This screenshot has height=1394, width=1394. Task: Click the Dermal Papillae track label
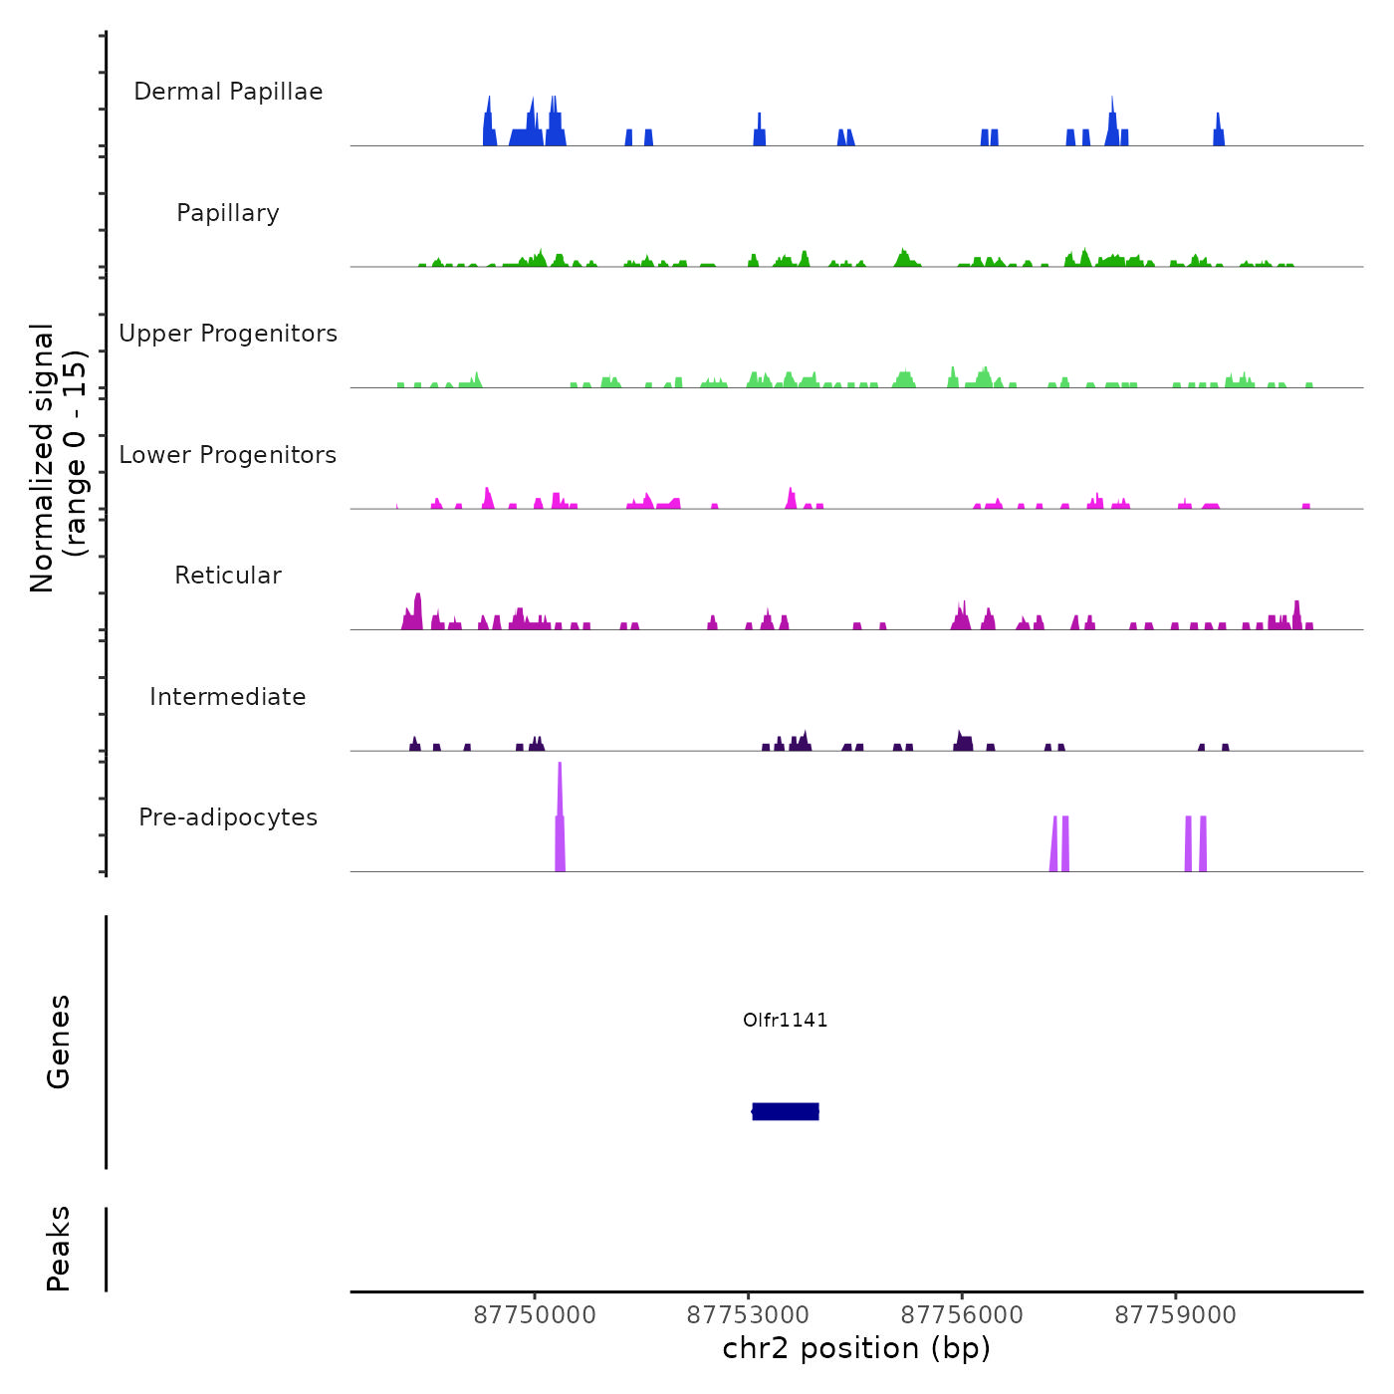pyautogui.click(x=228, y=92)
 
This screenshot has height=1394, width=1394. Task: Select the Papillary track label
pyautogui.click(x=228, y=213)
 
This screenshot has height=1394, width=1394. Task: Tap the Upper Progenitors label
pyautogui.click(x=228, y=334)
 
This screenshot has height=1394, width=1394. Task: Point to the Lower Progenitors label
pyautogui.click(x=228, y=455)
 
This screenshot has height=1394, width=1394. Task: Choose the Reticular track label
pyautogui.click(x=228, y=576)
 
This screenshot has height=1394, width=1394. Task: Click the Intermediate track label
pyautogui.click(x=228, y=697)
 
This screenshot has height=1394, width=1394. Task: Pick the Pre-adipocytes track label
pyautogui.click(x=228, y=817)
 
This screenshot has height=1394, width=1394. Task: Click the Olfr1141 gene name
pyautogui.click(x=785, y=1020)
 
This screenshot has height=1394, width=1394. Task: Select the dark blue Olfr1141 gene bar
pyautogui.click(x=786, y=1111)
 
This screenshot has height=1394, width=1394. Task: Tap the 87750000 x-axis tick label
pyautogui.click(x=535, y=1315)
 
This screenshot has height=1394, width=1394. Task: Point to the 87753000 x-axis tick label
pyautogui.click(x=748, y=1315)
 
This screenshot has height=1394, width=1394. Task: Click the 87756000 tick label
pyautogui.click(x=962, y=1315)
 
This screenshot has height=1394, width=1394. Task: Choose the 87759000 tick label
pyautogui.click(x=1175, y=1315)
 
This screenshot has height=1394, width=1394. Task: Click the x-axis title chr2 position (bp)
pyautogui.click(x=856, y=1349)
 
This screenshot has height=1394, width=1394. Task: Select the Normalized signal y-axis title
pyautogui.click(x=58, y=457)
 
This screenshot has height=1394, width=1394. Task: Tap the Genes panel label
pyautogui.click(x=59, y=1042)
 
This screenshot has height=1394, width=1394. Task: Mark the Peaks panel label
pyautogui.click(x=59, y=1249)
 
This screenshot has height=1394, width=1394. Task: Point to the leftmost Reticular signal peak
pyautogui.click(x=417, y=610)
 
